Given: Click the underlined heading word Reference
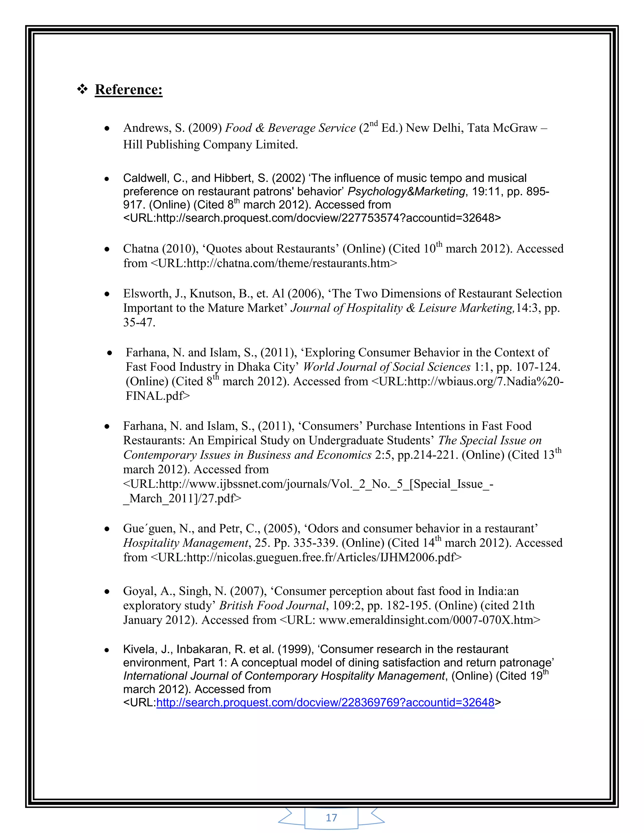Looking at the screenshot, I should coord(128,90).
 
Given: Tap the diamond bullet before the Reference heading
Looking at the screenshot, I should coord(82,90).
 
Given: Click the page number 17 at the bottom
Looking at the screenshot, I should coord(331,817).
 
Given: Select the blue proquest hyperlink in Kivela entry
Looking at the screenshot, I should coord(325,702).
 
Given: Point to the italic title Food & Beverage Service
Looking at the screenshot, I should coord(290,128).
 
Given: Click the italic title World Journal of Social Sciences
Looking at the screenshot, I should coord(386,367).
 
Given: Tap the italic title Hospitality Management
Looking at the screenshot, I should coord(186,543).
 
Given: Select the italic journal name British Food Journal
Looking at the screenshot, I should coord(272,606).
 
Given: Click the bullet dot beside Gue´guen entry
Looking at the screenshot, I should coord(107,529).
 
